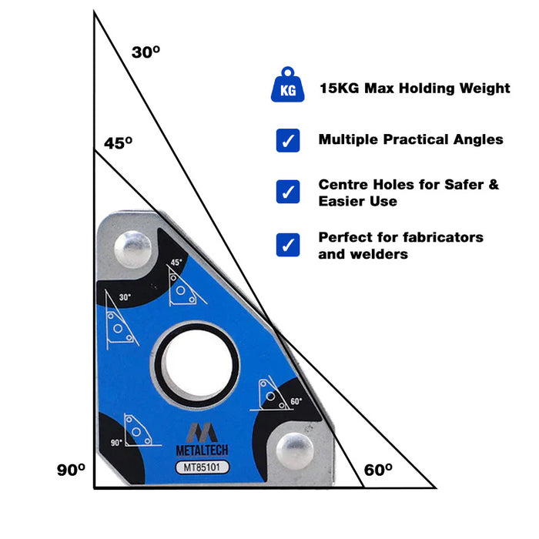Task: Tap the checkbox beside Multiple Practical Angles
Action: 288,140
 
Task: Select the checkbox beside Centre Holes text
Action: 288,192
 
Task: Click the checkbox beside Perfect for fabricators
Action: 288,245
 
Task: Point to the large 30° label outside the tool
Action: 146,52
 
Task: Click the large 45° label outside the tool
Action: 118,142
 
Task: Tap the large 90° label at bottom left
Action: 70,469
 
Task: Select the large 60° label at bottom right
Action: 378,469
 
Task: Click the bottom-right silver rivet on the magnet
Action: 293,449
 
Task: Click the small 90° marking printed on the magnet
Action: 117,443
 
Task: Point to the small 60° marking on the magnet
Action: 296,401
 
